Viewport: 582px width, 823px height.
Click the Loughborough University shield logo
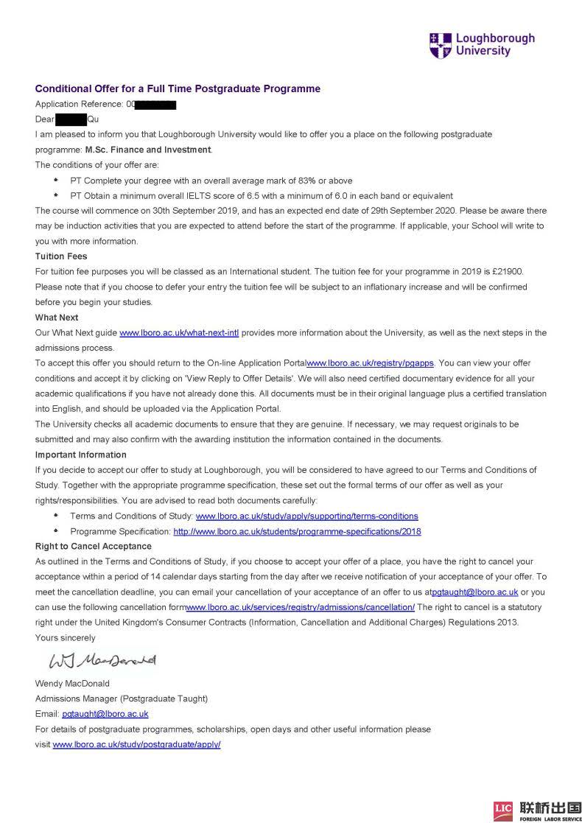coord(440,45)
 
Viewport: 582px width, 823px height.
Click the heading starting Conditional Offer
coord(178,89)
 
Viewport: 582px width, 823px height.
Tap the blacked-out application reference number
coord(155,105)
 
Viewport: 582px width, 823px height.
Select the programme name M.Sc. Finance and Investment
coord(148,150)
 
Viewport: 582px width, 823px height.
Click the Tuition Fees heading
coord(61,256)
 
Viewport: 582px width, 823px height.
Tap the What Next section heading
coord(57,318)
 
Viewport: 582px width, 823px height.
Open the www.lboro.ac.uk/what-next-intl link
coord(179,333)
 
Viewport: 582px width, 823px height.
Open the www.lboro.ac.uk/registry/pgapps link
coord(371,363)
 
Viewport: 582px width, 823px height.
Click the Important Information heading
coord(81,455)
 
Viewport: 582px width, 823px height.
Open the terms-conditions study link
coord(306,516)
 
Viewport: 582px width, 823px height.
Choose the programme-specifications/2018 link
coord(297,531)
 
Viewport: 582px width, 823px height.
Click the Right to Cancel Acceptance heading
coord(94,546)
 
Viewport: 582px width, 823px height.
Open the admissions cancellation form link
coord(301,607)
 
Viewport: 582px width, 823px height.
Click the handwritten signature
coord(102,658)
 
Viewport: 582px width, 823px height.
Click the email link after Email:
coord(105,714)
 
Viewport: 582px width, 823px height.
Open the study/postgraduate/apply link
coord(137,745)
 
